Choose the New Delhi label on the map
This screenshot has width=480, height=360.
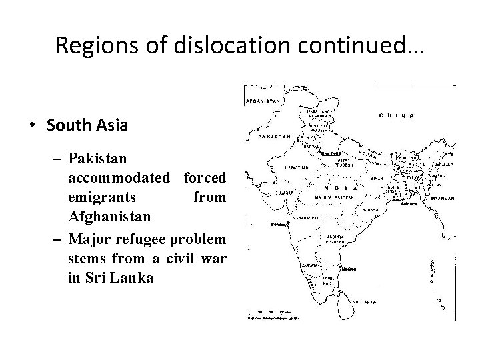pyautogui.click(x=331, y=153)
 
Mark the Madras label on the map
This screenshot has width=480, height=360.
pyautogui.click(x=348, y=269)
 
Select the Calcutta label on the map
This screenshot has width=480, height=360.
pyautogui.click(x=409, y=204)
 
